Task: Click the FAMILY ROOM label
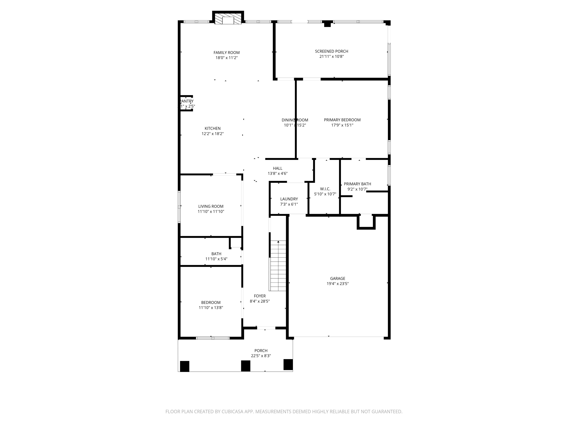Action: (226, 53)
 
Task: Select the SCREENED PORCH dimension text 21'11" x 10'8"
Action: (331, 56)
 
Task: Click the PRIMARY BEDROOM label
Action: (342, 120)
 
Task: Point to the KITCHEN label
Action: (212, 128)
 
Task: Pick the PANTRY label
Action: (187, 101)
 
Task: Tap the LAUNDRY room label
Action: (289, 199)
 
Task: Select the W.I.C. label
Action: (325, 189)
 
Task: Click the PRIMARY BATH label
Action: (357, 184)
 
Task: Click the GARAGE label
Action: (337, 278)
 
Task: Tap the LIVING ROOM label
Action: (211, 206)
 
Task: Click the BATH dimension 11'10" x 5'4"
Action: (216, 259)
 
